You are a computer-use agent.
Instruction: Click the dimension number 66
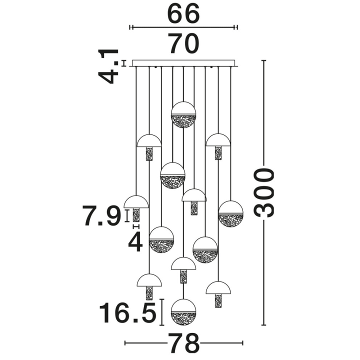pos(183,13)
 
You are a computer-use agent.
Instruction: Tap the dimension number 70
pos(183,43)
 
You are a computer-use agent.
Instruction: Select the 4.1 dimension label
pos(108,66)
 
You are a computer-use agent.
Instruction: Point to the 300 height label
pos(264,192)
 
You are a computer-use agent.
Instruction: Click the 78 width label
pos(184,343)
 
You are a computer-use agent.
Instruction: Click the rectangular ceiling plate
pos(183,63)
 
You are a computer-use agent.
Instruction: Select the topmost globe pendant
pos(183,114)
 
